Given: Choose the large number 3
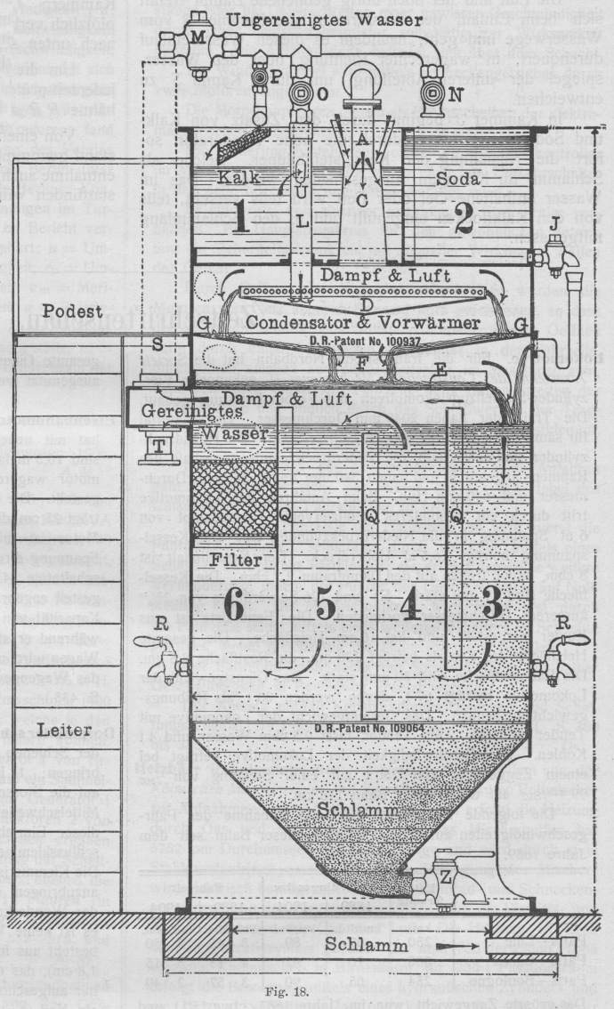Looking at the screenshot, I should coord(490,605).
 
